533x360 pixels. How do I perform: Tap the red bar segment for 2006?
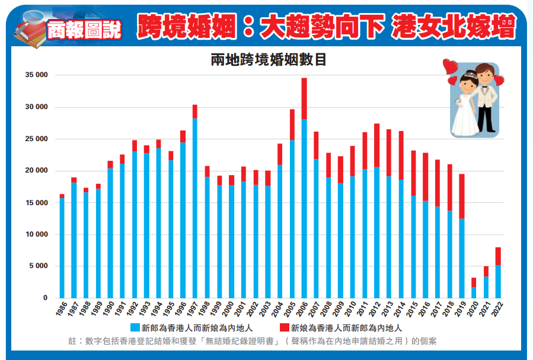304,99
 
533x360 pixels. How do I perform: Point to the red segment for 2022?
499,256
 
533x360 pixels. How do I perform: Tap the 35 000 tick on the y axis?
36,75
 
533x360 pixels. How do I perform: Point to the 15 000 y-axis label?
36,203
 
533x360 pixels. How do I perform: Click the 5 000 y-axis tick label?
39,266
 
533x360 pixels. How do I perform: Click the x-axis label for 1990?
108,309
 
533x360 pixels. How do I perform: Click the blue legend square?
135,327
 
